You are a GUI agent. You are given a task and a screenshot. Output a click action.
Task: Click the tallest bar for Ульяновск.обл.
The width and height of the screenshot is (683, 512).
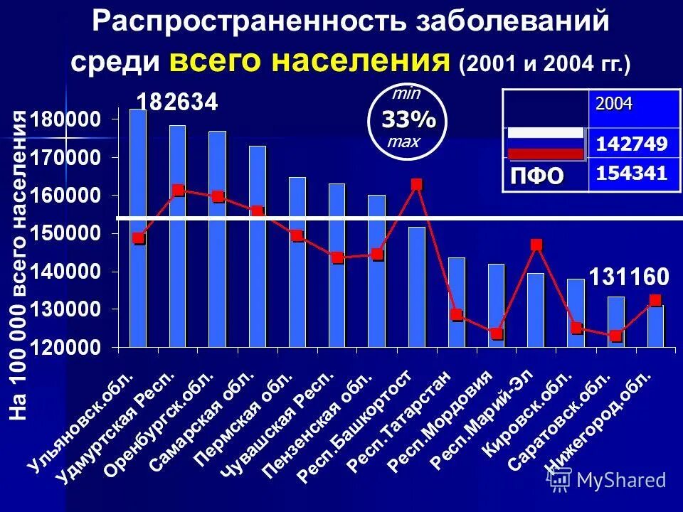point(138,228)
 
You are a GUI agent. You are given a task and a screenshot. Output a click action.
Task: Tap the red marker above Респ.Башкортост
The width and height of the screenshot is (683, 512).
point(417,185)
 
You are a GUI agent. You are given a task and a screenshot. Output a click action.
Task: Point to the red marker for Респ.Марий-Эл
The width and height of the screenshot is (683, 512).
point(536,245)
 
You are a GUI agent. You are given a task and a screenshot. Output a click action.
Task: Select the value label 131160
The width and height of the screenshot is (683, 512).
point(628,275)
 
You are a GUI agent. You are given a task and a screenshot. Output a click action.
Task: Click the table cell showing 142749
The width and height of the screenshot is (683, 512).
point(631,145)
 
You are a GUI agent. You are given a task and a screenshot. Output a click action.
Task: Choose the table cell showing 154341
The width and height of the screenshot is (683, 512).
point(631,173)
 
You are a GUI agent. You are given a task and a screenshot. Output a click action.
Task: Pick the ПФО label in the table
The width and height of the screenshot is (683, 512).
point(536,175)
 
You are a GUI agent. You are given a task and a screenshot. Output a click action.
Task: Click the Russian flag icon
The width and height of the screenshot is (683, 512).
point(545,144)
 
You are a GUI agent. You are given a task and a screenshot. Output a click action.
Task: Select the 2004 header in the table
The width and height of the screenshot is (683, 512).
point(613,104)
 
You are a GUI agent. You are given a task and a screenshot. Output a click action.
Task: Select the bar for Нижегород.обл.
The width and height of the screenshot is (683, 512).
point(655,326)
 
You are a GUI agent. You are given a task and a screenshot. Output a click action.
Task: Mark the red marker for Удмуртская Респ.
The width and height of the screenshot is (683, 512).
point(178,191)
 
